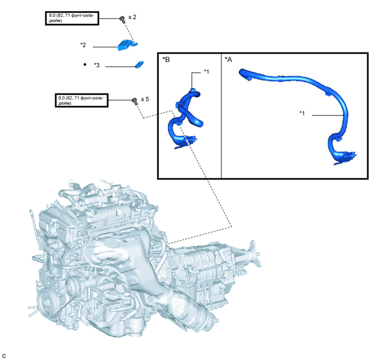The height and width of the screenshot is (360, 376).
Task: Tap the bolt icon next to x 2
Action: tap(120, 19)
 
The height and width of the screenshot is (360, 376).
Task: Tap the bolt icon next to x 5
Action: tap(133, 101)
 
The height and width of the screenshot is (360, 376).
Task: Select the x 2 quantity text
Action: tap(132, 18)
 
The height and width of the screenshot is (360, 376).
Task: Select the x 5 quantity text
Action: tap(145, 100)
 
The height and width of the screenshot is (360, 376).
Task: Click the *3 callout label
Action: tap(97, 66)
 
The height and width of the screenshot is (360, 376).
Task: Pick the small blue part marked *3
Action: tap(139, 65)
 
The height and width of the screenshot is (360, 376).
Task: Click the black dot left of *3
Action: tap(85, 65)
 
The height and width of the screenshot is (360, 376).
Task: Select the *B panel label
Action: tap(166, 59)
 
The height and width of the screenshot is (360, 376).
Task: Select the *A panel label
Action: tap(228, 59)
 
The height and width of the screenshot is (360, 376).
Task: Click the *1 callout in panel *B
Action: tap(206, 72)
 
